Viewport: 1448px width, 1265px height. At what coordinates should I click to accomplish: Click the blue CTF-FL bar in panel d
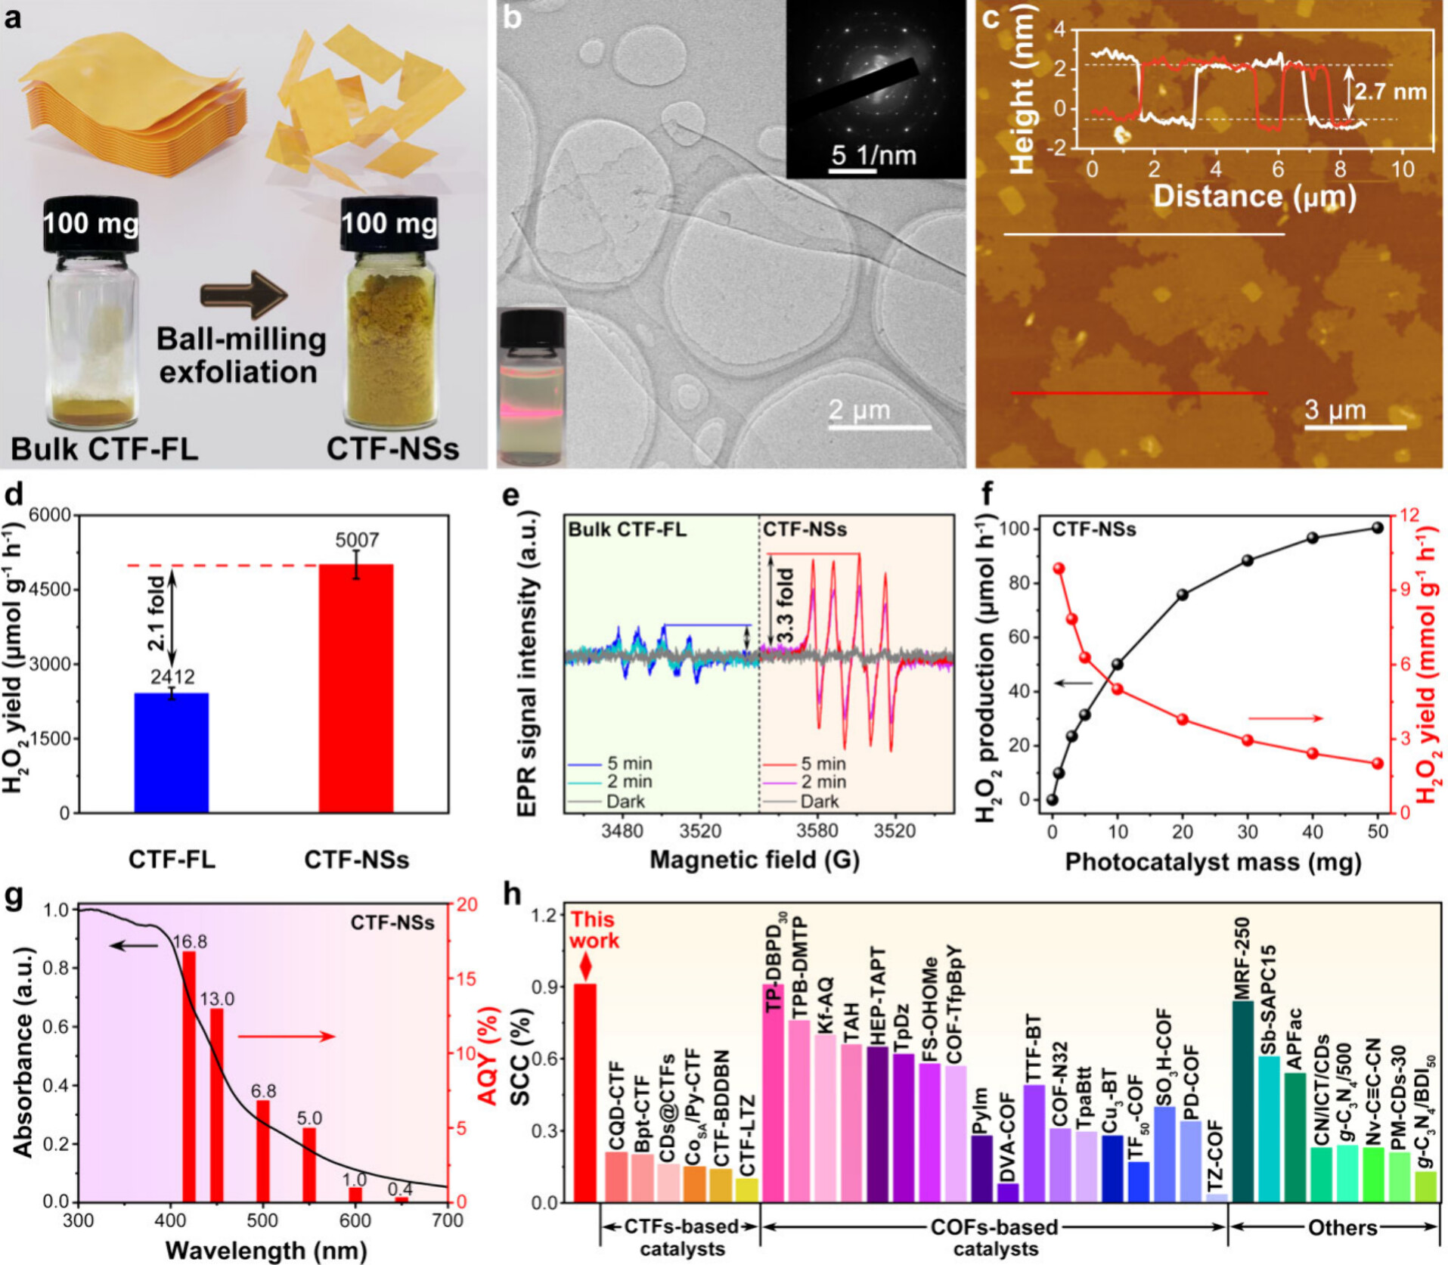pyautogui.click(x=171, y=752)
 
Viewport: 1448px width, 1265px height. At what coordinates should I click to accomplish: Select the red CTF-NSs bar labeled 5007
pyautogui.click(x=355, y=688)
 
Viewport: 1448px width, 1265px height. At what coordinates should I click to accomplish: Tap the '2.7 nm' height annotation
pyautogui.click(x=1390, y=92)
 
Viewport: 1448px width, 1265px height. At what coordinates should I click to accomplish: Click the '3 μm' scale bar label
pyautogui.click(x=1335, y=411)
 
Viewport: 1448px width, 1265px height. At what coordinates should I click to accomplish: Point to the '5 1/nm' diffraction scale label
pyautogui.click(x=873, y=156)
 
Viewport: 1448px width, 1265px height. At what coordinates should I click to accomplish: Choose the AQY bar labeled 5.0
pyautogui.click(x=309, y=1164)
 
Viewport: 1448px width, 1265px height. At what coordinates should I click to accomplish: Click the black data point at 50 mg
pyautogui.click(x=1378, y=528)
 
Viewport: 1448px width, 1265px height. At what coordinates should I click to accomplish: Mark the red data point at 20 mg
pyautogui.click(x=1183, y=719)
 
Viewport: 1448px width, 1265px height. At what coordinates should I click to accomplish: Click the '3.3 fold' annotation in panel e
pyautogui.click(x=786, y=605)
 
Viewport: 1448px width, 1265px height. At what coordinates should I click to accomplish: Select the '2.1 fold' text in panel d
pyautogui.click(x=157, y=613)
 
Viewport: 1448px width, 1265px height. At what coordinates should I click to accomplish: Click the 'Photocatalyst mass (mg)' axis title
pyautogui.click(x=1213, y=862)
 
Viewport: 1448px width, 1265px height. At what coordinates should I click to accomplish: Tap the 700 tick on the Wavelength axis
pyautogui.click(x=448, y=1221)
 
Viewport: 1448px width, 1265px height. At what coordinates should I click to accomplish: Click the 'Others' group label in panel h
pyautogui.click(x=1342, y=1227)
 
